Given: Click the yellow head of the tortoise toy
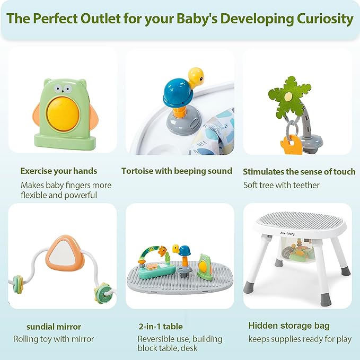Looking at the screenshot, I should tap(196, 76).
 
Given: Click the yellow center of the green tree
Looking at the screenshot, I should tap(287, 97).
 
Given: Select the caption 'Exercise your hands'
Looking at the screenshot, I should tap(58, 171).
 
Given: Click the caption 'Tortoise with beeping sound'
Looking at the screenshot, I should tap(177, 171).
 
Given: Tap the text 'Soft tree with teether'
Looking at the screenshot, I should tap(282, 185).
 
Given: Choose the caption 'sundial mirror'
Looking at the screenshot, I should tap(54, 327).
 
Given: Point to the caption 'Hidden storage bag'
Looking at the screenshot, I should tap(288, 326).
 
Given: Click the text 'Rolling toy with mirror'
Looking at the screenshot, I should tap(54, 339).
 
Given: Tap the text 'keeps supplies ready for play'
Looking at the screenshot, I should tap(300, 339).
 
